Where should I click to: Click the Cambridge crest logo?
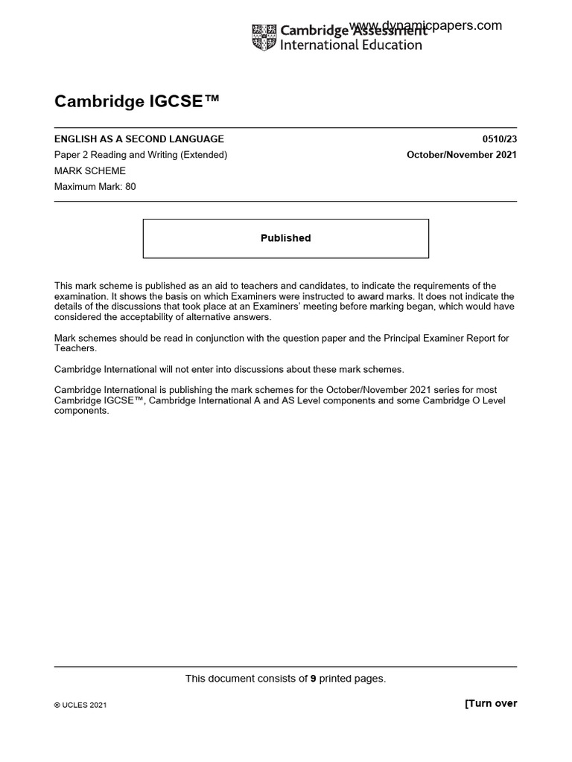tap(264, 37)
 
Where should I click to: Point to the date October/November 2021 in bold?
tap(461, 155)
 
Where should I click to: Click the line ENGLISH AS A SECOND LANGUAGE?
tap(139, 139)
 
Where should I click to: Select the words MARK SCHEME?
tap(90, 170)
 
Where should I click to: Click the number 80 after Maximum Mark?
tap(130, 186)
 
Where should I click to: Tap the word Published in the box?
tap(285, 238)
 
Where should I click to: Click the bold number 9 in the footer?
tap(314, 678)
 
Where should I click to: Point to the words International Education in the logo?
tap(350, 45)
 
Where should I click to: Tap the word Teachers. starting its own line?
tap(76, 348)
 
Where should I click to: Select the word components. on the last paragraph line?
tap(82, 411)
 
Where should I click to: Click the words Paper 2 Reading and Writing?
tap(116, 155)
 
